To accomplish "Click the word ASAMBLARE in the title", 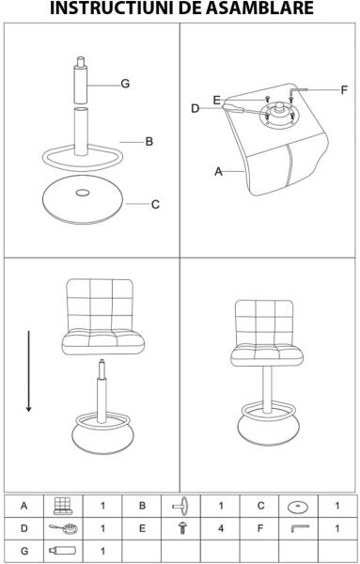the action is click(x=260, y=8).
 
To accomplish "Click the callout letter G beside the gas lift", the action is click(x=125, y=84).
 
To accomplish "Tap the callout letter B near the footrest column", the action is click(x=149, y=142).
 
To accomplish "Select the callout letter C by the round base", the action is click(x=155, y=205).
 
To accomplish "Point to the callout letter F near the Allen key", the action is click(x=344, y=90).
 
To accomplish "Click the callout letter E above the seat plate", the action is click(x=216, y=101).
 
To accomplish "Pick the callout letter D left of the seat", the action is click(x=195, y=109).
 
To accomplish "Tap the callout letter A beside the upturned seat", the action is click(x=218, y=172).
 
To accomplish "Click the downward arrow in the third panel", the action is click(x=29, y=371).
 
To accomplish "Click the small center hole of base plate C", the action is click(x=83, y=193).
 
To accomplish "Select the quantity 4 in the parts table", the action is click(x=221, y=528).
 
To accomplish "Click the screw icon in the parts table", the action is click(x=182, y=528).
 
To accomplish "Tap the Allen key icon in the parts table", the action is click(x=300, y=528).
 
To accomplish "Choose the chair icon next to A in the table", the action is click(x=63, y=506).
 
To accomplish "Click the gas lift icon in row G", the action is click(x=63, y=550).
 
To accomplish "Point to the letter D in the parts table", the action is click(x=24, y=528).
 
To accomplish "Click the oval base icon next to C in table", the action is click(x=298, y=508).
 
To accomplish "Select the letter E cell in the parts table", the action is click(x=143, y=528).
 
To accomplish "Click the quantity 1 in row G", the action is click(x=102, y=551).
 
